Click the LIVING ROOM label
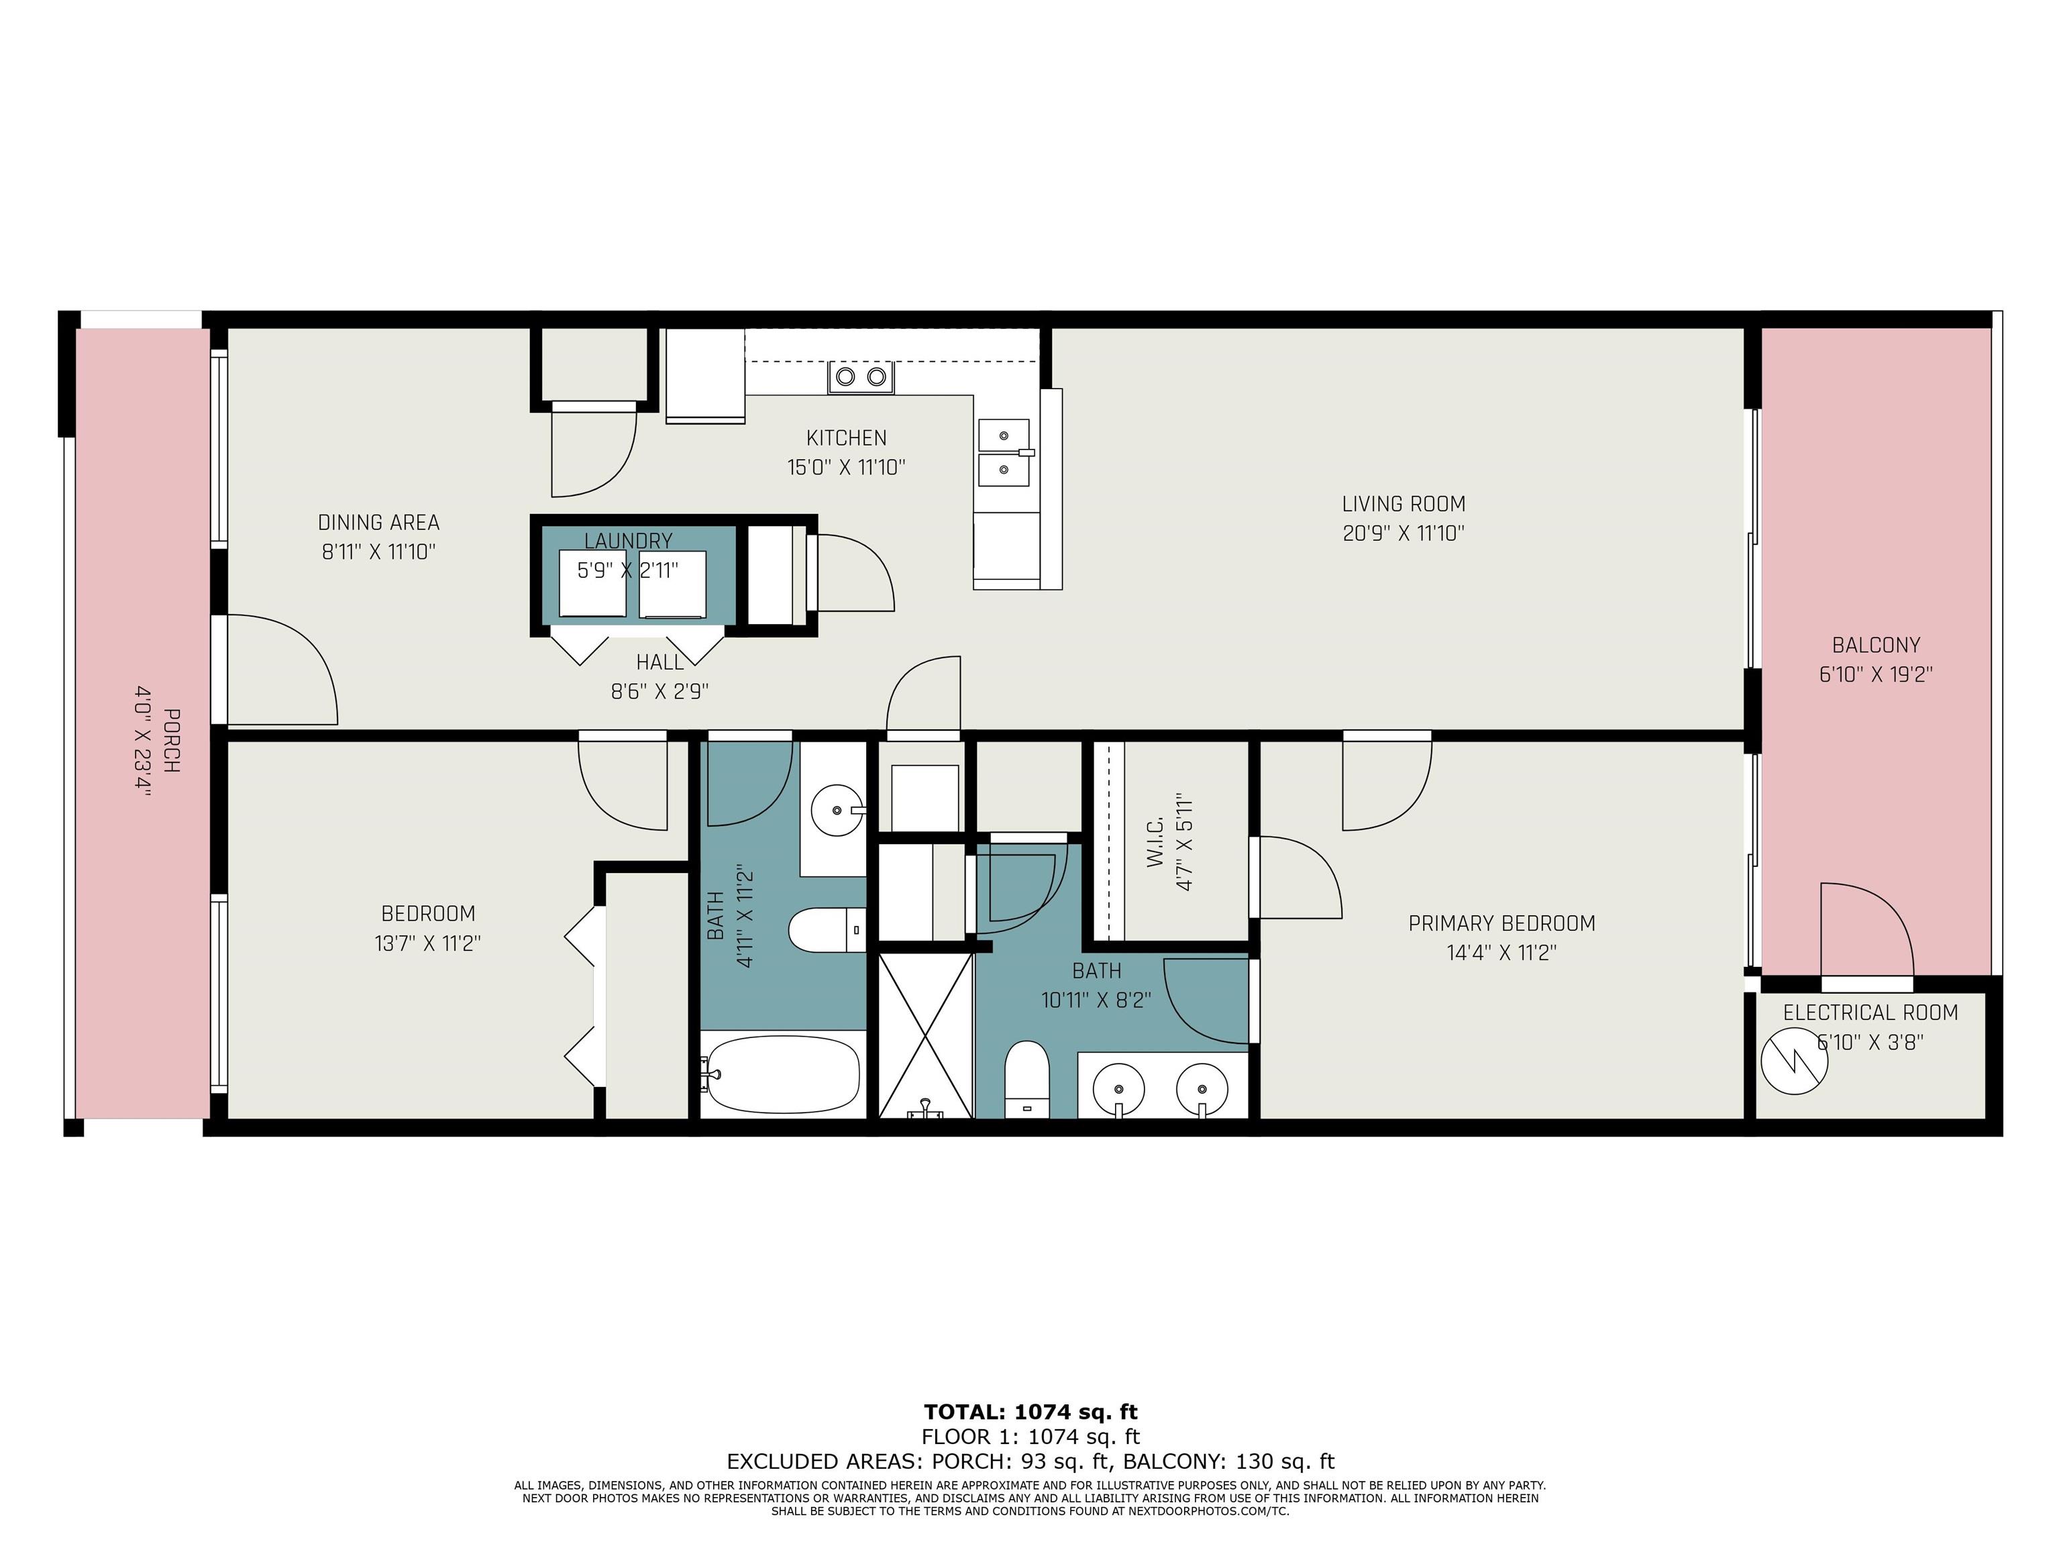(1404, 504)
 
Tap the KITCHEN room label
(846, 438)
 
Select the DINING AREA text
(378, 523)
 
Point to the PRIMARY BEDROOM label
(1501, 923)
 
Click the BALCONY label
(1876, 645)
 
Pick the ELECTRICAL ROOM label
(1870, 1013)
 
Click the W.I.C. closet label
(1155, 843)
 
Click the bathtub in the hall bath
(783, 1074)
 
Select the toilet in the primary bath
(1026, 1079)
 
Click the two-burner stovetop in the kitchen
(861, 376)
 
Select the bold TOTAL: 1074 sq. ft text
(1030, 1412)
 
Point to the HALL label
(659, 662)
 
